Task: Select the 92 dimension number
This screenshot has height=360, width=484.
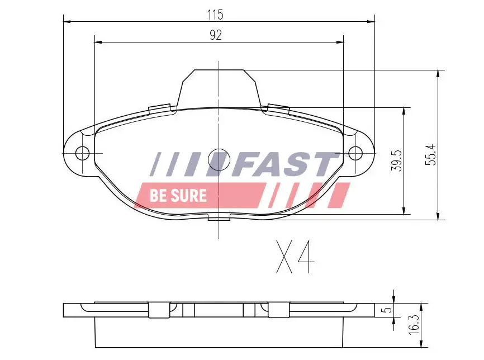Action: [216, 35]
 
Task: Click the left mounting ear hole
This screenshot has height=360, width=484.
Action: [82, 152]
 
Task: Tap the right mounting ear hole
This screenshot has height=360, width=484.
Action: [355, 152]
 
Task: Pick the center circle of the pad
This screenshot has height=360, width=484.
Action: [218, 159]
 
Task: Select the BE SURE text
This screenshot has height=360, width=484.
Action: [178, 196]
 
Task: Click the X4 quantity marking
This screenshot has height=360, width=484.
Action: [295, 257]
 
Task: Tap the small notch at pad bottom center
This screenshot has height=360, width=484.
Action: [219, 217]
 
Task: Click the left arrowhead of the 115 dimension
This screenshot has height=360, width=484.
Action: [67, 22]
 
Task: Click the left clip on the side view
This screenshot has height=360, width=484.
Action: [159, 309]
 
